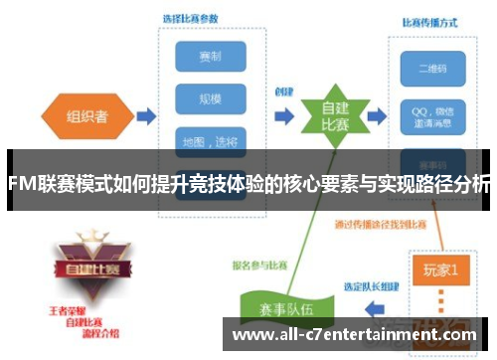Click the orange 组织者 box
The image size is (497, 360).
pyautogui.click(x=87, y=116)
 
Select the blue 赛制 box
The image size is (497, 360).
pyautogui.click(x=211, y=56)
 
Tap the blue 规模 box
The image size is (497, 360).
pyautogui.click(x=211, y=98)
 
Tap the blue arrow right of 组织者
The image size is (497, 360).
pyautogui.click(x=145, y=117)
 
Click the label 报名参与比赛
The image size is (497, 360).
pyautogui.click(x=261, y=265)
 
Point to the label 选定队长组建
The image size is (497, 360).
pyautogui.click(x=374, y=287)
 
